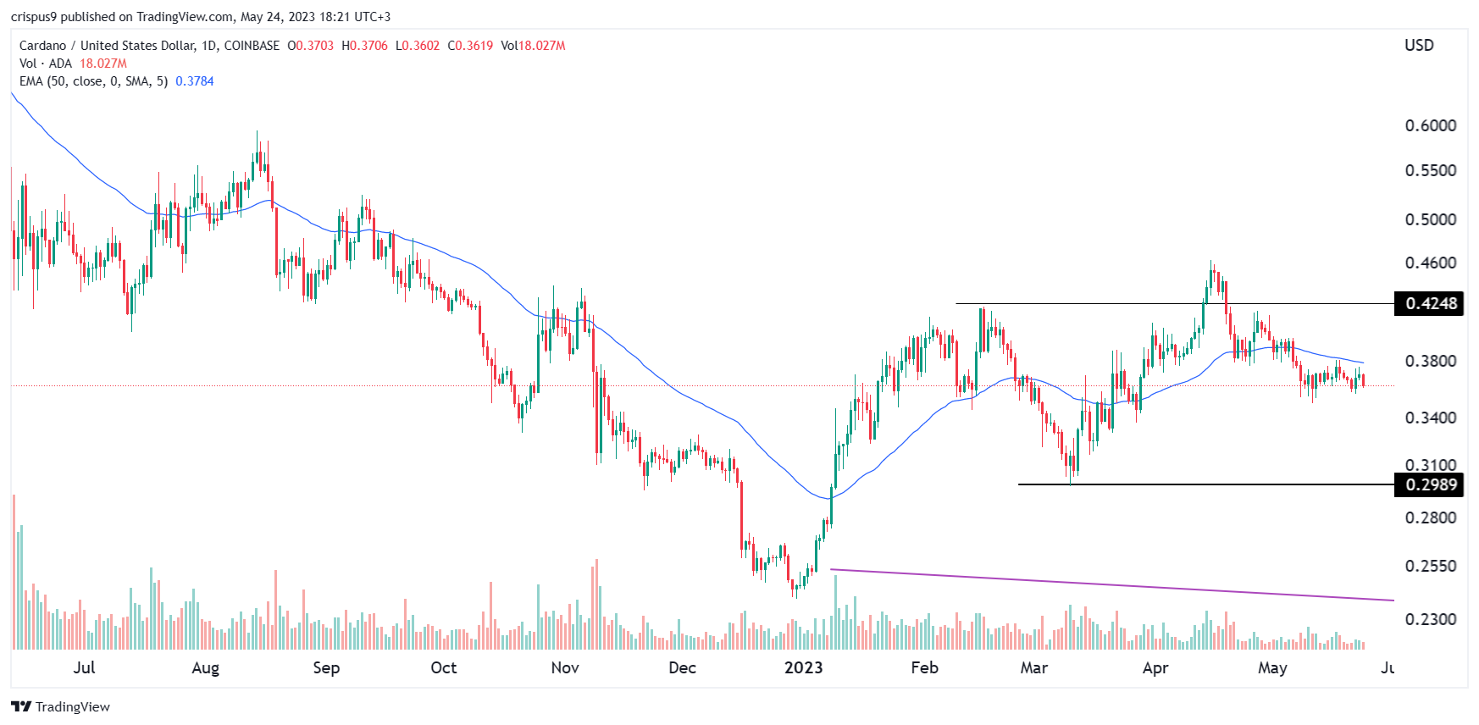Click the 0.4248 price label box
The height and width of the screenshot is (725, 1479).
click(x=1430, y=303)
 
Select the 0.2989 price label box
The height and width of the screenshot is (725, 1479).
click(x=1430, y=484)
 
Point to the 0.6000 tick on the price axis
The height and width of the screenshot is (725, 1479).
click(x=1430, y=125)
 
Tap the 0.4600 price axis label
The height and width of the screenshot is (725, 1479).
click(x=1430, y=263)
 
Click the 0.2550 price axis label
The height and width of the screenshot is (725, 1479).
click(x=1430, y=566)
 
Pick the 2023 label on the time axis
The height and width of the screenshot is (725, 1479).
click(x=803, y=667)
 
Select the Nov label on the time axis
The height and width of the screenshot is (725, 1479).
click(x=564, y=667)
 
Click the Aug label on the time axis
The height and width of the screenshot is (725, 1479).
click(x=205, y=667)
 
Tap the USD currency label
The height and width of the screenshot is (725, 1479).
click(x=1419, y=45)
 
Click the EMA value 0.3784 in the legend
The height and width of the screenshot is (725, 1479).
click(x=194, y=81)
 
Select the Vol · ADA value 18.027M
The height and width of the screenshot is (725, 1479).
click(x=103, y=64)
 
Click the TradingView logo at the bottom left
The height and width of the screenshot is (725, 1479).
click(x=61, y=706)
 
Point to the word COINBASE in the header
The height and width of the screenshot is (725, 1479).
click(x=252, y=46)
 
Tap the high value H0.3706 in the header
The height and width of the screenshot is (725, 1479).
click(x=364, y=46)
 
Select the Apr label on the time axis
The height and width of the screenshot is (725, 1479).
click(x=1155, y=667)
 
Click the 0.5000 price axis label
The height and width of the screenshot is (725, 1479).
click(x=1430, y=219)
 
